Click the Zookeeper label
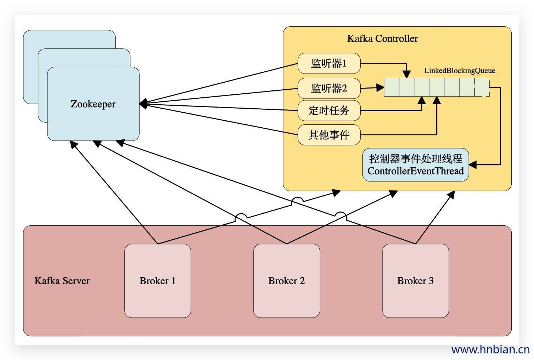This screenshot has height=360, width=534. pos(93,104)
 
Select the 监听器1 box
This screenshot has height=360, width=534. pos(329,63)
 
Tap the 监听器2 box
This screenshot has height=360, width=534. pos(329,88)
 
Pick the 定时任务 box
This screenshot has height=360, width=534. pos(329,110)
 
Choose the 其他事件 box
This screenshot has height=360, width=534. pos(329,135)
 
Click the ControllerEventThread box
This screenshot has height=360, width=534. pos(415,165)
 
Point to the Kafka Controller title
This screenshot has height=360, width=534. pos(382,38)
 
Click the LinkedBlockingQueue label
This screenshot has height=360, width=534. pos(459,71)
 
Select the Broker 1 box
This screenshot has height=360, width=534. pos(158,281)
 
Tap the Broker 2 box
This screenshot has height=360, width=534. pos(286,281)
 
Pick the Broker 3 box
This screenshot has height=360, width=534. pos(415,281)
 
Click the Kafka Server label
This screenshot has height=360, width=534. pos(62,281)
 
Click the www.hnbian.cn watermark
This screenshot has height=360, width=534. pos(490,349)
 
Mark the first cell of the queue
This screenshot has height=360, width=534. pos(391,87)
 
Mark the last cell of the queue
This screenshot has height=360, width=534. pos(482,87)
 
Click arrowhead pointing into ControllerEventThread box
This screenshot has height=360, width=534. pos(472,165)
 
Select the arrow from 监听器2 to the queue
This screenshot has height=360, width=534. pos(371,88)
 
